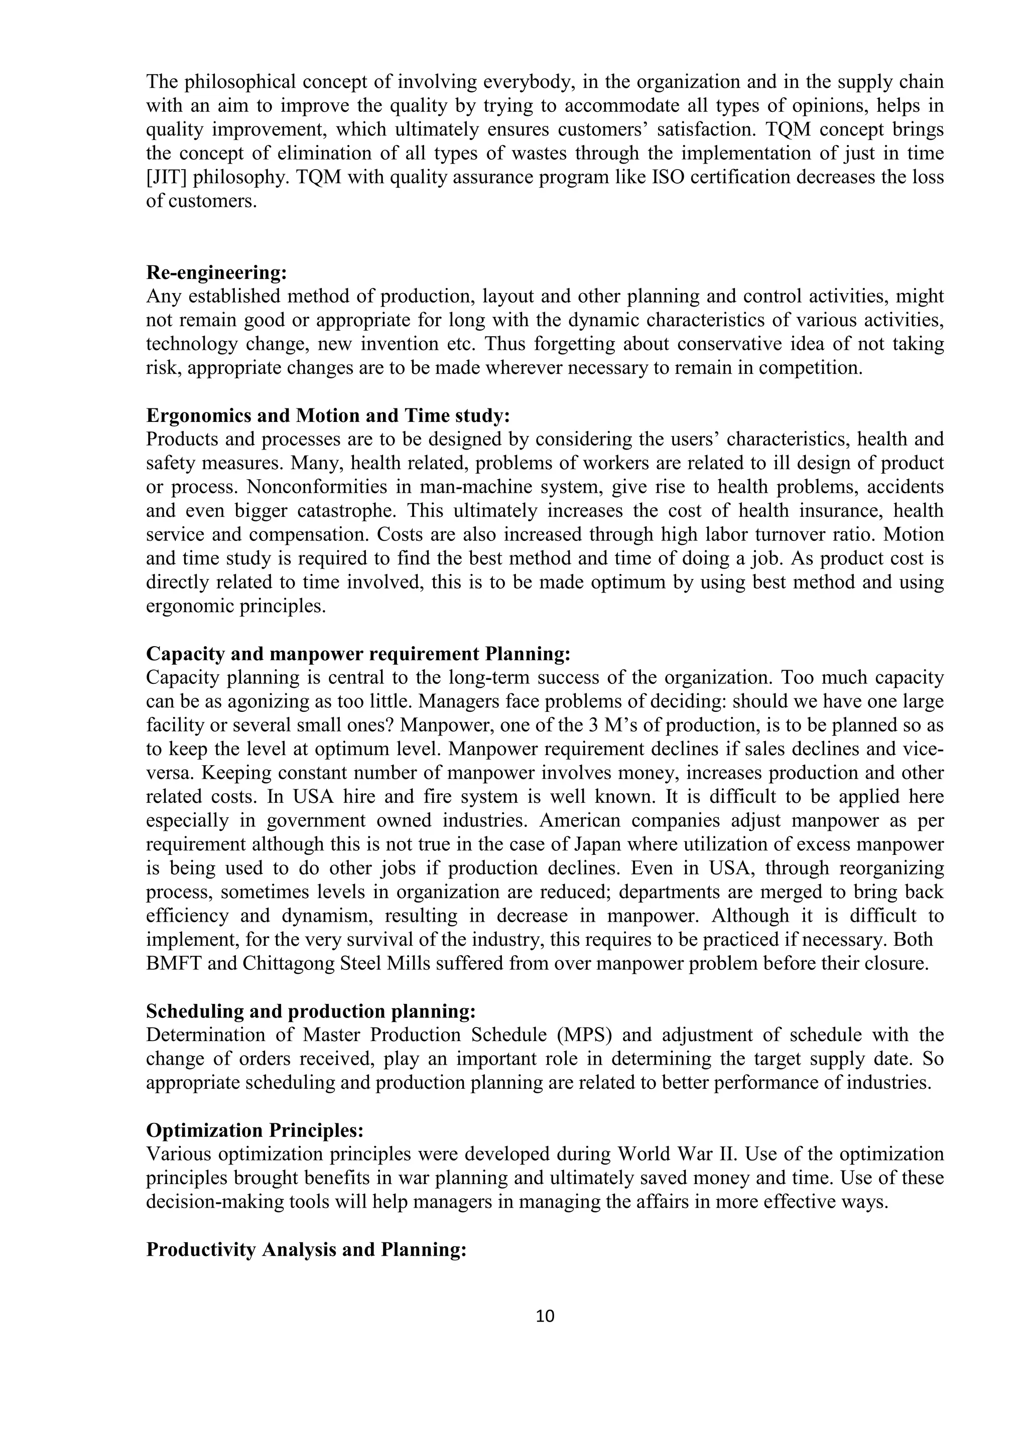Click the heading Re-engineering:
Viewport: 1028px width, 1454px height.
(216, 273)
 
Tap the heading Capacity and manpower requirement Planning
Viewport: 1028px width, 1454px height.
(358, 654)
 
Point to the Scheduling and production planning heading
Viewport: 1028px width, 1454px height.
(310, 1011)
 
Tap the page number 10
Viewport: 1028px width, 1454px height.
(545, 1317)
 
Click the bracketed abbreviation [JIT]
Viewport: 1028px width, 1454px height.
(166, 177)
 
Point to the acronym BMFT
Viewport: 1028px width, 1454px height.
(173, 964)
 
